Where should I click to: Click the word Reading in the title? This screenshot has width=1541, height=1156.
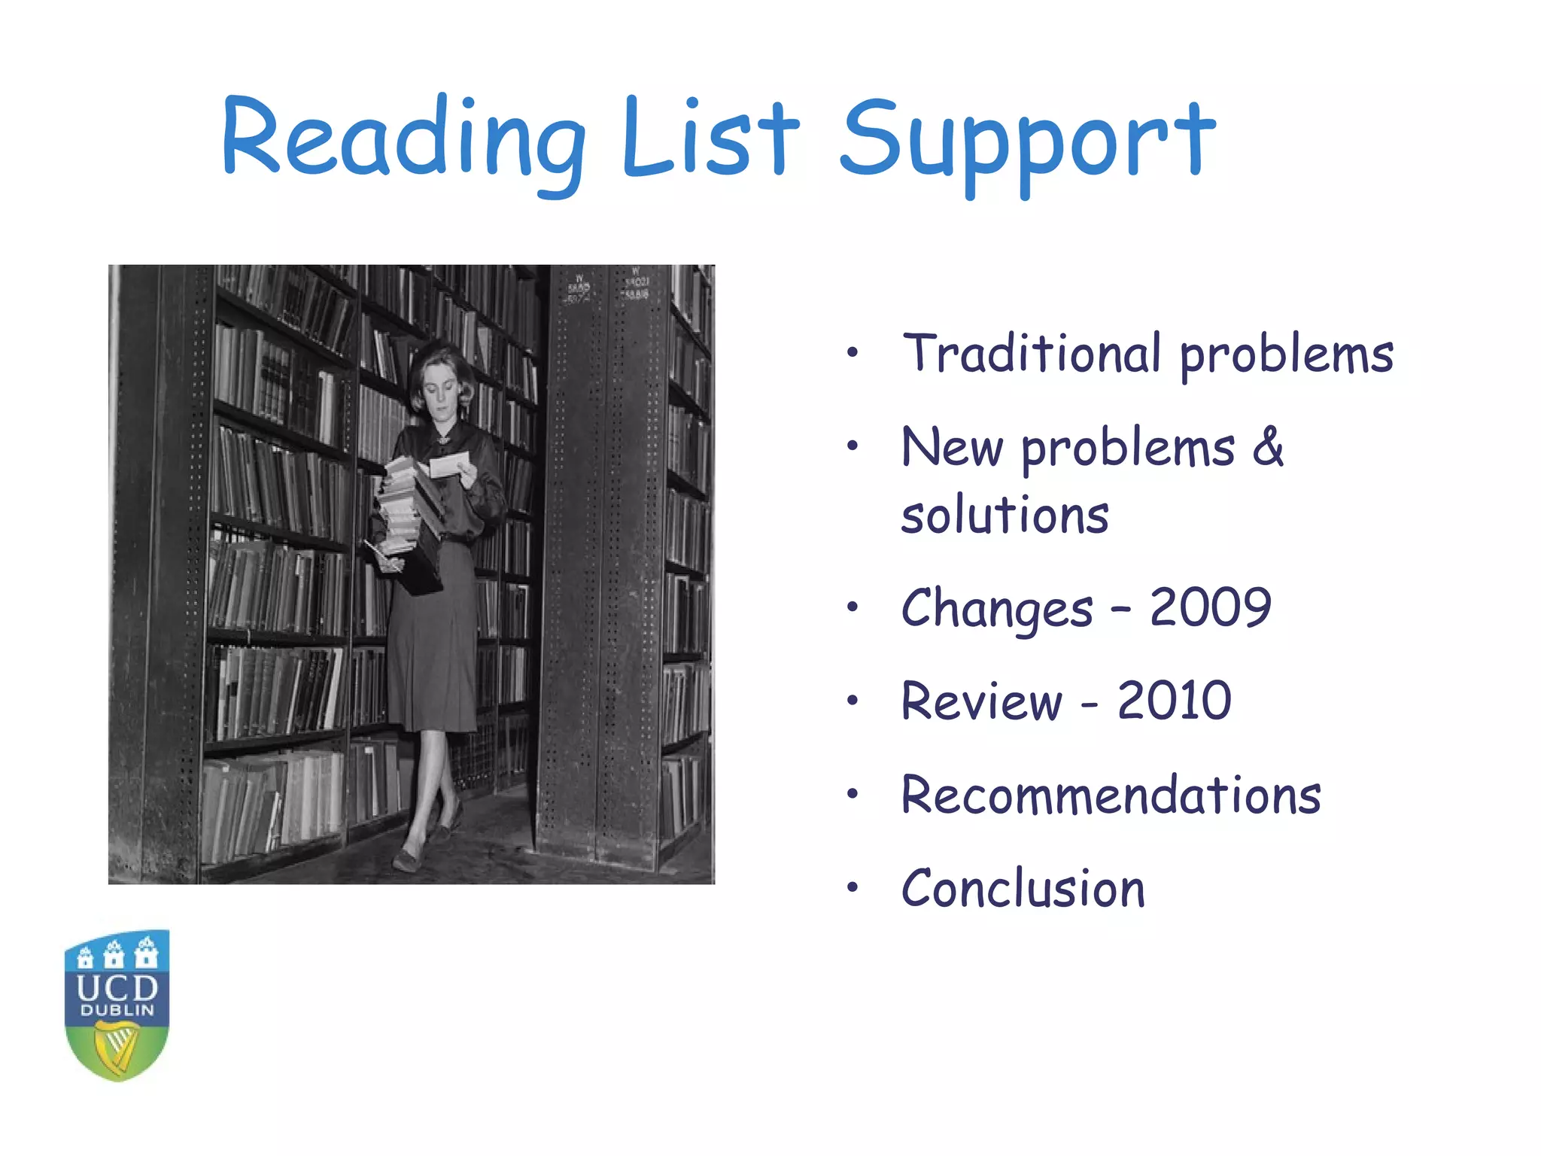point(403,139)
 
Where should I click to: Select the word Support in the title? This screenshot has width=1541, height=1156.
point(1026,143)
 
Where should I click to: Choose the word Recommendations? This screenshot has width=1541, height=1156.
point(1111,795)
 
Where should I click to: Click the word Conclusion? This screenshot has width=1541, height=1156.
point(1023,889)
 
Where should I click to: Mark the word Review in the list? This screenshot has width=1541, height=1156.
point(981,701)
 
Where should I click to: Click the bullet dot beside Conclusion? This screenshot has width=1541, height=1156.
point(852,888)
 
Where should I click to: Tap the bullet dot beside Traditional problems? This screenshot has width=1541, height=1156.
point(852,352)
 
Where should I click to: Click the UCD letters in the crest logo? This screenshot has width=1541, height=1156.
point(117,987)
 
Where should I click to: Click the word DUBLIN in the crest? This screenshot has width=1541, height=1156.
point(117,1011)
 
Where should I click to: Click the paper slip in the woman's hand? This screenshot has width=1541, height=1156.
point(449,463)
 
